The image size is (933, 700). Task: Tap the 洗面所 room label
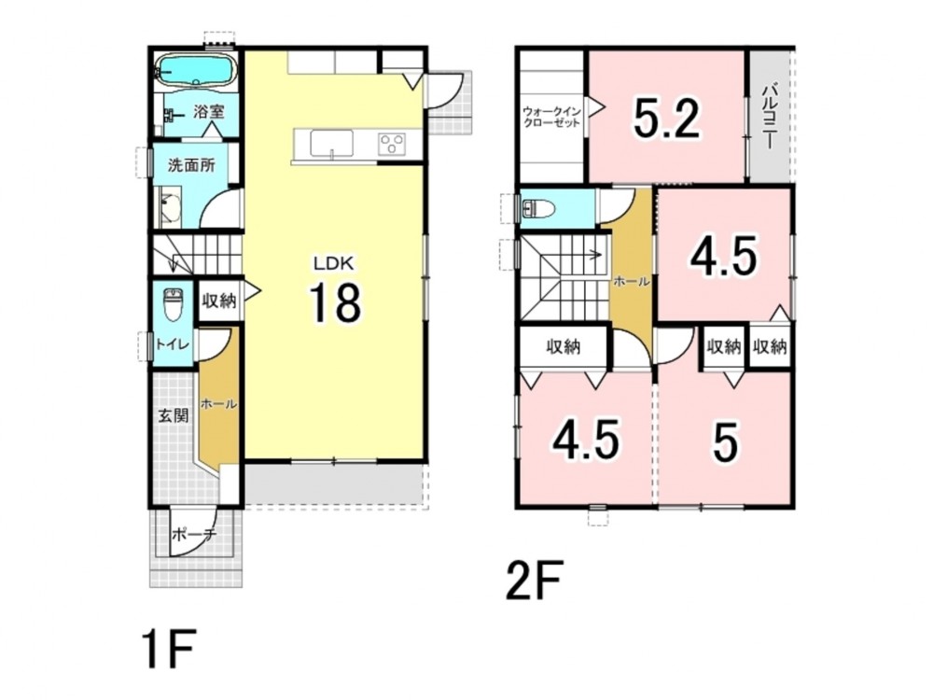pyautogui.click(x=191, y=165)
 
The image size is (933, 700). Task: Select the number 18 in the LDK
pyautogui.click(x=334, y=302)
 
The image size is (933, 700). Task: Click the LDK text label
pyautogui.click(x=334, y=262)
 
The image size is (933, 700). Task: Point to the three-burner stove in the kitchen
pyautogui.click(x=392, y=144)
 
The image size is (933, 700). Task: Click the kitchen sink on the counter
pyautogui.click(x=331, y=144)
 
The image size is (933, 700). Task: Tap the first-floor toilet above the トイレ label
pyautogui.click(x=173, y=305)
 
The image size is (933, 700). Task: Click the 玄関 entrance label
pyautogui.click(x=174, y=415)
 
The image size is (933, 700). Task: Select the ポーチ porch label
pyautogui.click(x=193, y=535)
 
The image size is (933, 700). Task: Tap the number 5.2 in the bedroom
pyautogui.click(x=666, y=118)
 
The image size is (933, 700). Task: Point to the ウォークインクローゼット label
pyautogui.click(x=551, y=117)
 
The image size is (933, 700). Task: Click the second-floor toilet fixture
pyautogui.click(x=538, y=209)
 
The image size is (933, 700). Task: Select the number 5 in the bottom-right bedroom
pyautogui.click(x=725, y=441)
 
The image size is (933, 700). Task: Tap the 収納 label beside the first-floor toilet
pyautogui.click(x=219, y=301)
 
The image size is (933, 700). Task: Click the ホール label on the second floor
pyautogui.click(x=631, y=282)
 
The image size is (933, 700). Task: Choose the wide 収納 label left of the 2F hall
pyautogui.click(x=564, y=346)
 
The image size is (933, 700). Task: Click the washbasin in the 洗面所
pyautogui.click(x=170, y=208)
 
